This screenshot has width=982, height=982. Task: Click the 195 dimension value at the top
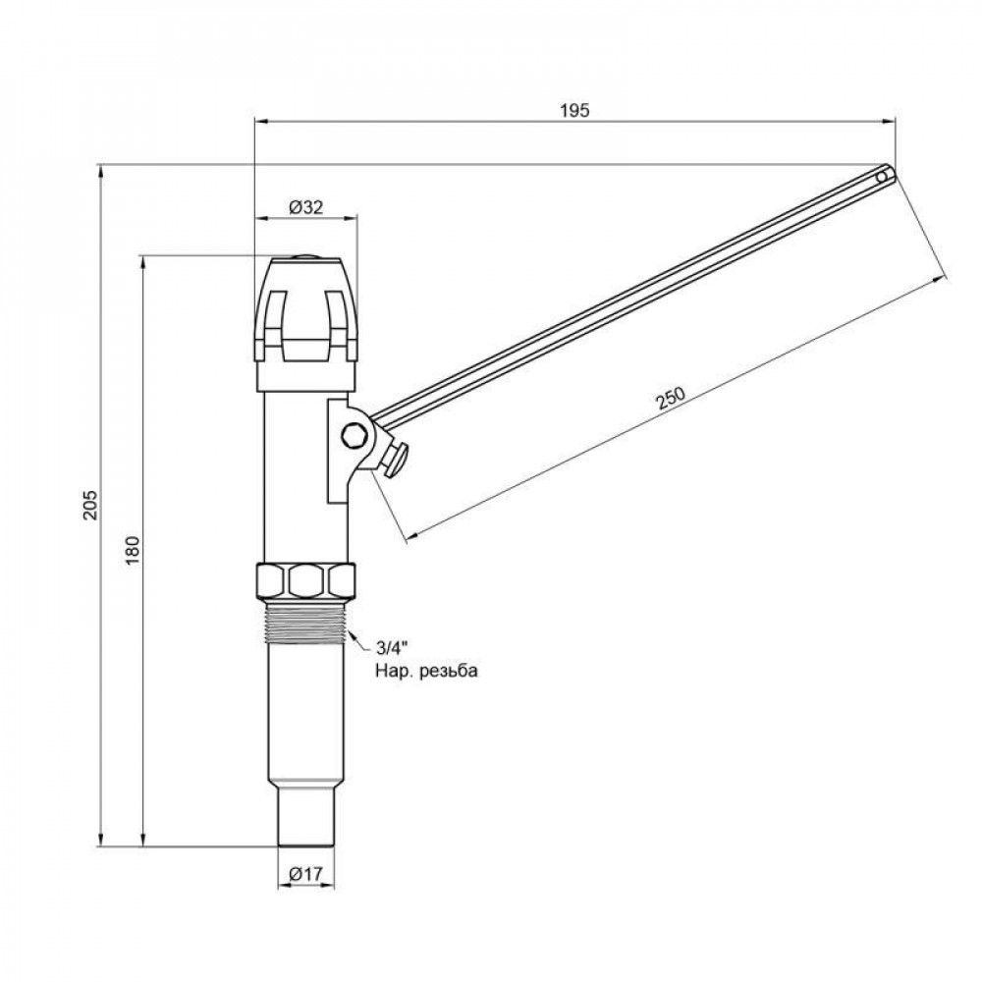click(575, 110)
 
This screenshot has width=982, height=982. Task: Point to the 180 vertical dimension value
click(134, 553)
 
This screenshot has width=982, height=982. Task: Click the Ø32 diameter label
click(306, 207)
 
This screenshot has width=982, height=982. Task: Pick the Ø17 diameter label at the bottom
click(306, 874)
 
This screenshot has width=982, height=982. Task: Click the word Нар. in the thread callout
click(390, 671)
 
